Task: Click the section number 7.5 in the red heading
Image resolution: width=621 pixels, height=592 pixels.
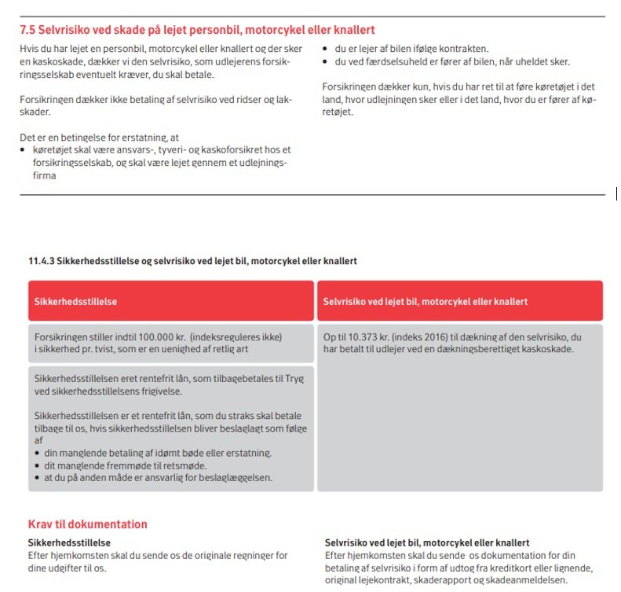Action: point(28,31)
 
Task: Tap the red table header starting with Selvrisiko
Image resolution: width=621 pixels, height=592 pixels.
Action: point(426,301)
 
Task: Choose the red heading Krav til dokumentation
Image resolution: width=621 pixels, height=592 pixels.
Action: point(87,524)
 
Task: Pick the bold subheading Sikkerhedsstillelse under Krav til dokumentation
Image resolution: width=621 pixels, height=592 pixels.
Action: point(69,542)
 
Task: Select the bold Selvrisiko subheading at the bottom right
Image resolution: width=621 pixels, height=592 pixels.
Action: point(427,542)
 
